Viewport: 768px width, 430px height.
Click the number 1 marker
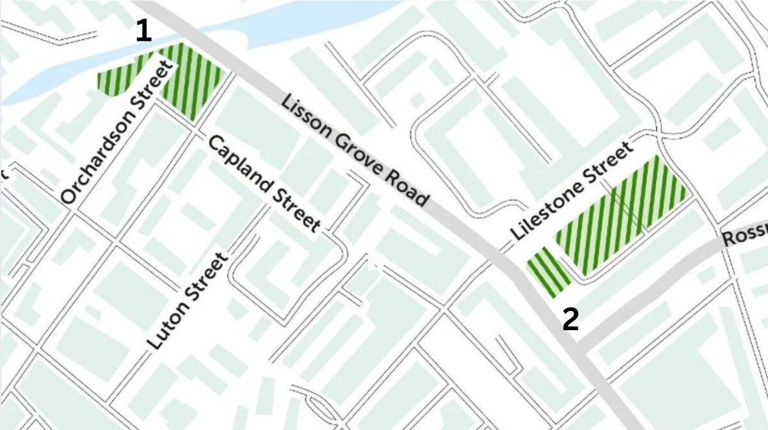(144, 32)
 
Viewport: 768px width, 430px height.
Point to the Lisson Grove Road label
(355, 150)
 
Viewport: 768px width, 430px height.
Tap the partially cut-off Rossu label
(744, 237)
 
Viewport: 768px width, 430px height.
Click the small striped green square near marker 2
(548, 272)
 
